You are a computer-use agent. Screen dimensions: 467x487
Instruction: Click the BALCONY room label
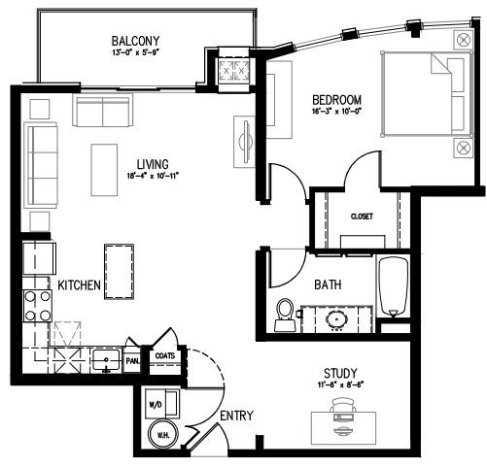point(135,40)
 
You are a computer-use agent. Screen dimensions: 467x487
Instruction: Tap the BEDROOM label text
point(336,100)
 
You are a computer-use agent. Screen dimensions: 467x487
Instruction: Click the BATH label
point(327,286)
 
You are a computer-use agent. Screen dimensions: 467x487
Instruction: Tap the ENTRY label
point(236,416)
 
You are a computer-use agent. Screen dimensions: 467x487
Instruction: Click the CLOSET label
point(362,216)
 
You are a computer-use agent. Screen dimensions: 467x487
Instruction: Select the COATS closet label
point(164,355)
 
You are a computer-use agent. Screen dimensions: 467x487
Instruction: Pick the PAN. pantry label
point(132,360)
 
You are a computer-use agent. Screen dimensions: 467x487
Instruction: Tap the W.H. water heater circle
point(157,434)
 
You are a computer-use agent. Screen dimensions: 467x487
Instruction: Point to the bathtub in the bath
point(395,288)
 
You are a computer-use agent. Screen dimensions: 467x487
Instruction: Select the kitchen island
point(118,273)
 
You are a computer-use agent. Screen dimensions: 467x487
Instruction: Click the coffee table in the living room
point(104,169)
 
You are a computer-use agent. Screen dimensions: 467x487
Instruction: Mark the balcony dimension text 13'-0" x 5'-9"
point(135,54)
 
